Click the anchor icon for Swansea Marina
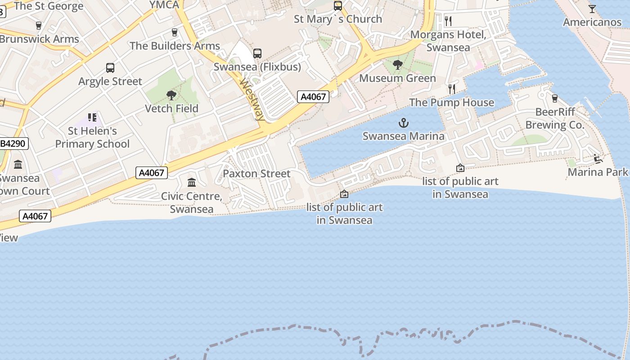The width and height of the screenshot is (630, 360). [404, 122]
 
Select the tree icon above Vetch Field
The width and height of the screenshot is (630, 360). [171, 95]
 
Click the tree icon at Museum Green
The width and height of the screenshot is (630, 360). [397, 65]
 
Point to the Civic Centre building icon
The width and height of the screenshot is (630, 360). [192, 182]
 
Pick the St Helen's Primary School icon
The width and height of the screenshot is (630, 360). [92, 117]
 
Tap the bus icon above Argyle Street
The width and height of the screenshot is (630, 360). [110, 68]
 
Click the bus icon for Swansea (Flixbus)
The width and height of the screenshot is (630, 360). [257, 54]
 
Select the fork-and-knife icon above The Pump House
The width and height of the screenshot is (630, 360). [452, 89]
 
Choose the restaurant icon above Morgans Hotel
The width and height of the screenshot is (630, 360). [448, 21]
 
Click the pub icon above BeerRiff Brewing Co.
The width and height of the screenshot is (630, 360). [554, 98]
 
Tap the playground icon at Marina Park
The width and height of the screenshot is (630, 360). [598, 158]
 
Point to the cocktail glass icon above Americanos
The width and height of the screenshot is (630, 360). [592, 9]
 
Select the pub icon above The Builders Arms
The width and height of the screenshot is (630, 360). [175, 32]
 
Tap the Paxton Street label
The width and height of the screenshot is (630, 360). [256, 173]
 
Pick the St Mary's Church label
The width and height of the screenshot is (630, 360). [337, 19]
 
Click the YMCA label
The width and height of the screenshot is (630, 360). [164, 4]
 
